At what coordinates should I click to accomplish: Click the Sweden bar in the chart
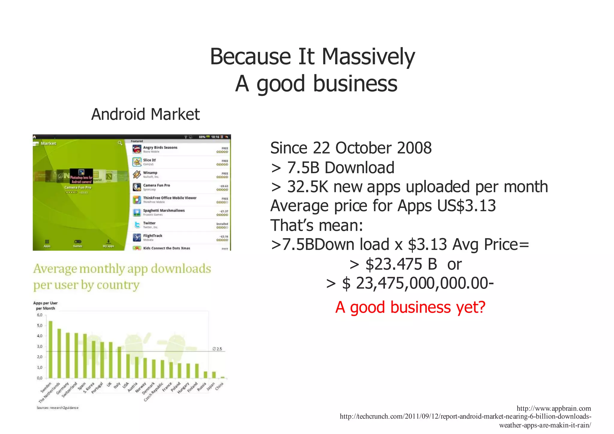[x=50, y=349]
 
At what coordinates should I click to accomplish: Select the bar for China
[x=222, y=377]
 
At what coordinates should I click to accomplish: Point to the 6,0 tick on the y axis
[x=40, y=315]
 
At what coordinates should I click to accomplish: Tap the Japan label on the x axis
[x=211, y=386]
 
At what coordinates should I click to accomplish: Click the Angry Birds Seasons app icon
[x=137, y=149]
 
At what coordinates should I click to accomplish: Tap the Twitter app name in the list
[x=149, y=223]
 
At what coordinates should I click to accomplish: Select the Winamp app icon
[x=137, y=174]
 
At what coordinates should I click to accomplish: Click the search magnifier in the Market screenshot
[x=120, y=143]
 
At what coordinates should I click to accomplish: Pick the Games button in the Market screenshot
[x=77, y=243]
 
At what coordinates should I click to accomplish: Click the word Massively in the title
[x=368, y=57]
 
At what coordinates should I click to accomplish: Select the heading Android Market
[x=145, y=114]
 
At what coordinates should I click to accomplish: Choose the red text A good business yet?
[x=410, y=307]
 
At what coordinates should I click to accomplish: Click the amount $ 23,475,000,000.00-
[x=418, y=283]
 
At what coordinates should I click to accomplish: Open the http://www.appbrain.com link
[x=553, y=408]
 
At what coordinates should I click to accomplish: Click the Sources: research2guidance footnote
[x=58, y=408]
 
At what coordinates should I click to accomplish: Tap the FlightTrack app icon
[x=137, y=237]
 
